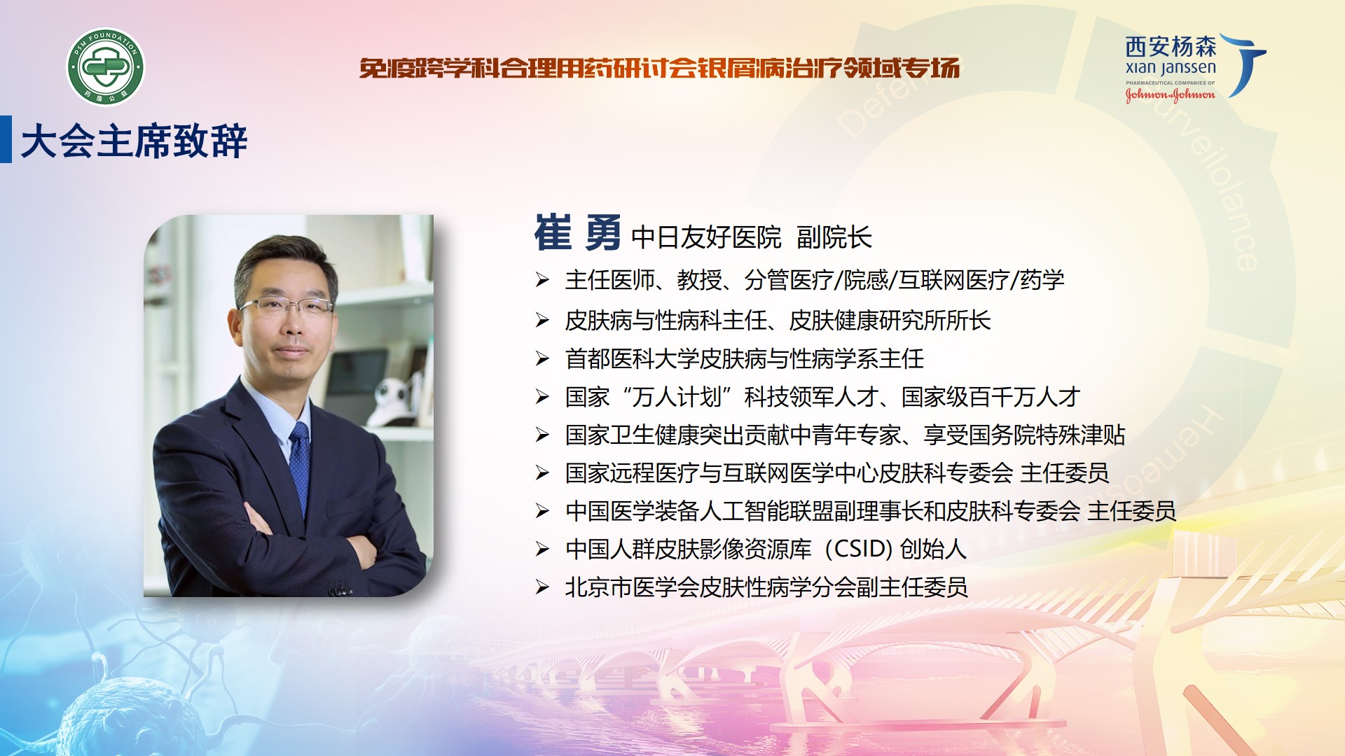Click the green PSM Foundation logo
106,67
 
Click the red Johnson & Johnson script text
1170,94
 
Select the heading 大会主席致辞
134,141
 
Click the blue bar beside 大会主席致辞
6,139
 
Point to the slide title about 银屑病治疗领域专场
659,68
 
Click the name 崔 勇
577,233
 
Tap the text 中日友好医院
706,237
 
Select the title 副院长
834,237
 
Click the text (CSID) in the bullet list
858,549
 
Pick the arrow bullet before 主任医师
542,281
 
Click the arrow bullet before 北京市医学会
542,587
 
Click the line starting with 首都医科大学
745,358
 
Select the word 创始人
933,549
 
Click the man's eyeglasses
286,306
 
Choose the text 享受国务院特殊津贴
1024,435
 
